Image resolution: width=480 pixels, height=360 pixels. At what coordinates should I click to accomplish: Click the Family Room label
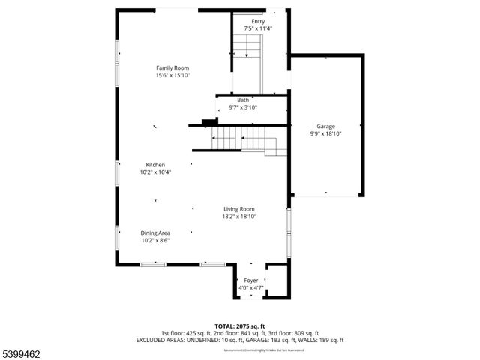(x=172, y=67)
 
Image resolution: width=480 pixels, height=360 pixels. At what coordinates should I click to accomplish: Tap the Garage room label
(x=325, y=127)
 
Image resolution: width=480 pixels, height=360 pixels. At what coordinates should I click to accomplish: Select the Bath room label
(x=243, y=100)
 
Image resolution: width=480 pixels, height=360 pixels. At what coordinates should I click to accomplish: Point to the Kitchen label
(x=155, y=165)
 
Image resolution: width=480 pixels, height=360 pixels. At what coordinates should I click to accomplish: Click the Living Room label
(x=238, y=209)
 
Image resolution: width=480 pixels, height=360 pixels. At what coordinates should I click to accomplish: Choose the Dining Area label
(x=155, y=233)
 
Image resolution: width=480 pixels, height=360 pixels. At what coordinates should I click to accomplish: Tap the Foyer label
(x=250, y=280)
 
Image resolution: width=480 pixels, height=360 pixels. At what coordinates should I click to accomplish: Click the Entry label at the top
(x=258, y=22)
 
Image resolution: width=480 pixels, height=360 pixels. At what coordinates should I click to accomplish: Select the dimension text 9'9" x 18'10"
(x=325, y=134)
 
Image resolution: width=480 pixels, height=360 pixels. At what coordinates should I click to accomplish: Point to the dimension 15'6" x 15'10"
(x=172, y=75)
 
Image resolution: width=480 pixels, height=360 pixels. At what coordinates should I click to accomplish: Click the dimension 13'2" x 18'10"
(x=238, y=217)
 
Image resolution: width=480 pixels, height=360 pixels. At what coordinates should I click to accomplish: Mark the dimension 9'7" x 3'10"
(x=243, y=107)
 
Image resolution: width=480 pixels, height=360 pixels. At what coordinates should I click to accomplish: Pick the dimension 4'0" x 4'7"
(x=250, y=288)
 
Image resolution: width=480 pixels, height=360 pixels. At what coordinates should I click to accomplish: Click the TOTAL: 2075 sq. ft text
(x=240, y=326)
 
